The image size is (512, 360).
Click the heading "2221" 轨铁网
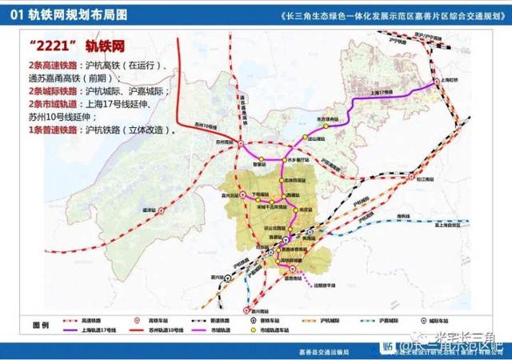point(73,41)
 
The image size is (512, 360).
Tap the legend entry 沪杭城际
point(320,320)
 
